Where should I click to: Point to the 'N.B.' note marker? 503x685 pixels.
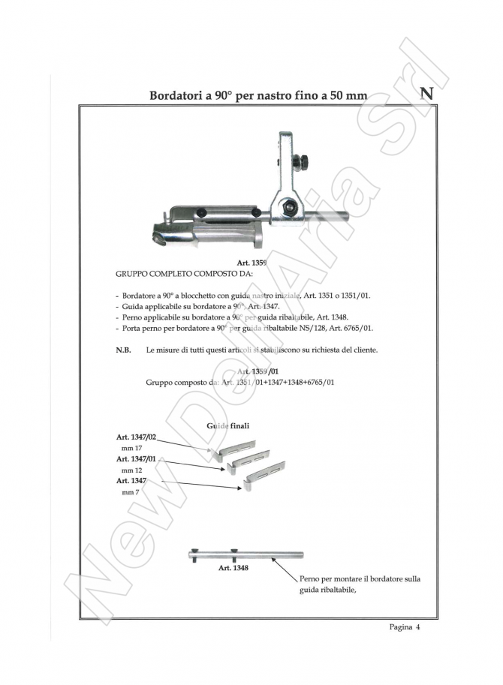(123, 350)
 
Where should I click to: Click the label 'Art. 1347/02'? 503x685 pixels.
(136, 437)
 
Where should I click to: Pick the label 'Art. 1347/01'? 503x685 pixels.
(136, 458)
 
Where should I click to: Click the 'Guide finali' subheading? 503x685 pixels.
(227, 426)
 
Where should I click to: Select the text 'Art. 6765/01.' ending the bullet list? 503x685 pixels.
(347, 329)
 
